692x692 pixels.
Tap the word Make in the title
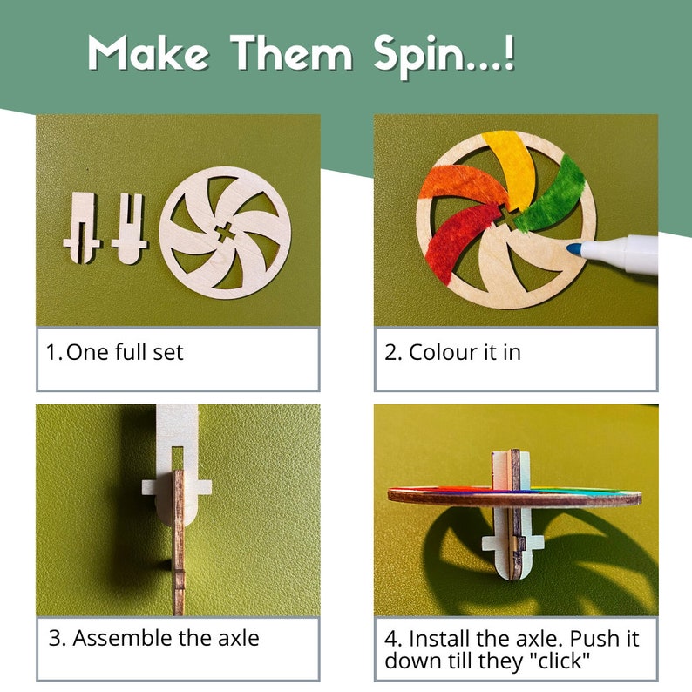click(148, 54)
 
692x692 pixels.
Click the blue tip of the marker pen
click(572, 249)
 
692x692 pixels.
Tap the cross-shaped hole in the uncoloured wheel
click(224, 233)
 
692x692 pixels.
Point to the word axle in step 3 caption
click(234, 638)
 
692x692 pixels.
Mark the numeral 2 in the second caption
click(391, 352)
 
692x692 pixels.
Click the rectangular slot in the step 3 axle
click(177, 457)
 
